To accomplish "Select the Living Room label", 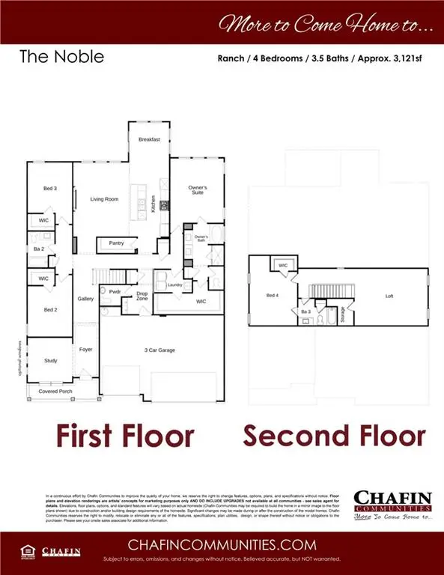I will click(105, 199).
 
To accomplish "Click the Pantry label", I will click(116, 243).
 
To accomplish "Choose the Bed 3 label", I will click(50, 189).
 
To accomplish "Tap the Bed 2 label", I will click(50, 309).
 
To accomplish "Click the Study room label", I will click(50, 360).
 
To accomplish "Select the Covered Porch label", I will click(55, 391).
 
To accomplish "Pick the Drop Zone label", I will click(142, 296).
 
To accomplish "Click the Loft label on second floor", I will click(389, 296).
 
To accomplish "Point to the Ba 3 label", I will click(305, 311).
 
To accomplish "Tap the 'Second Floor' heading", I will click(333, 436).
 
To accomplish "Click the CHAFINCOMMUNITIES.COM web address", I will click(222, 544).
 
